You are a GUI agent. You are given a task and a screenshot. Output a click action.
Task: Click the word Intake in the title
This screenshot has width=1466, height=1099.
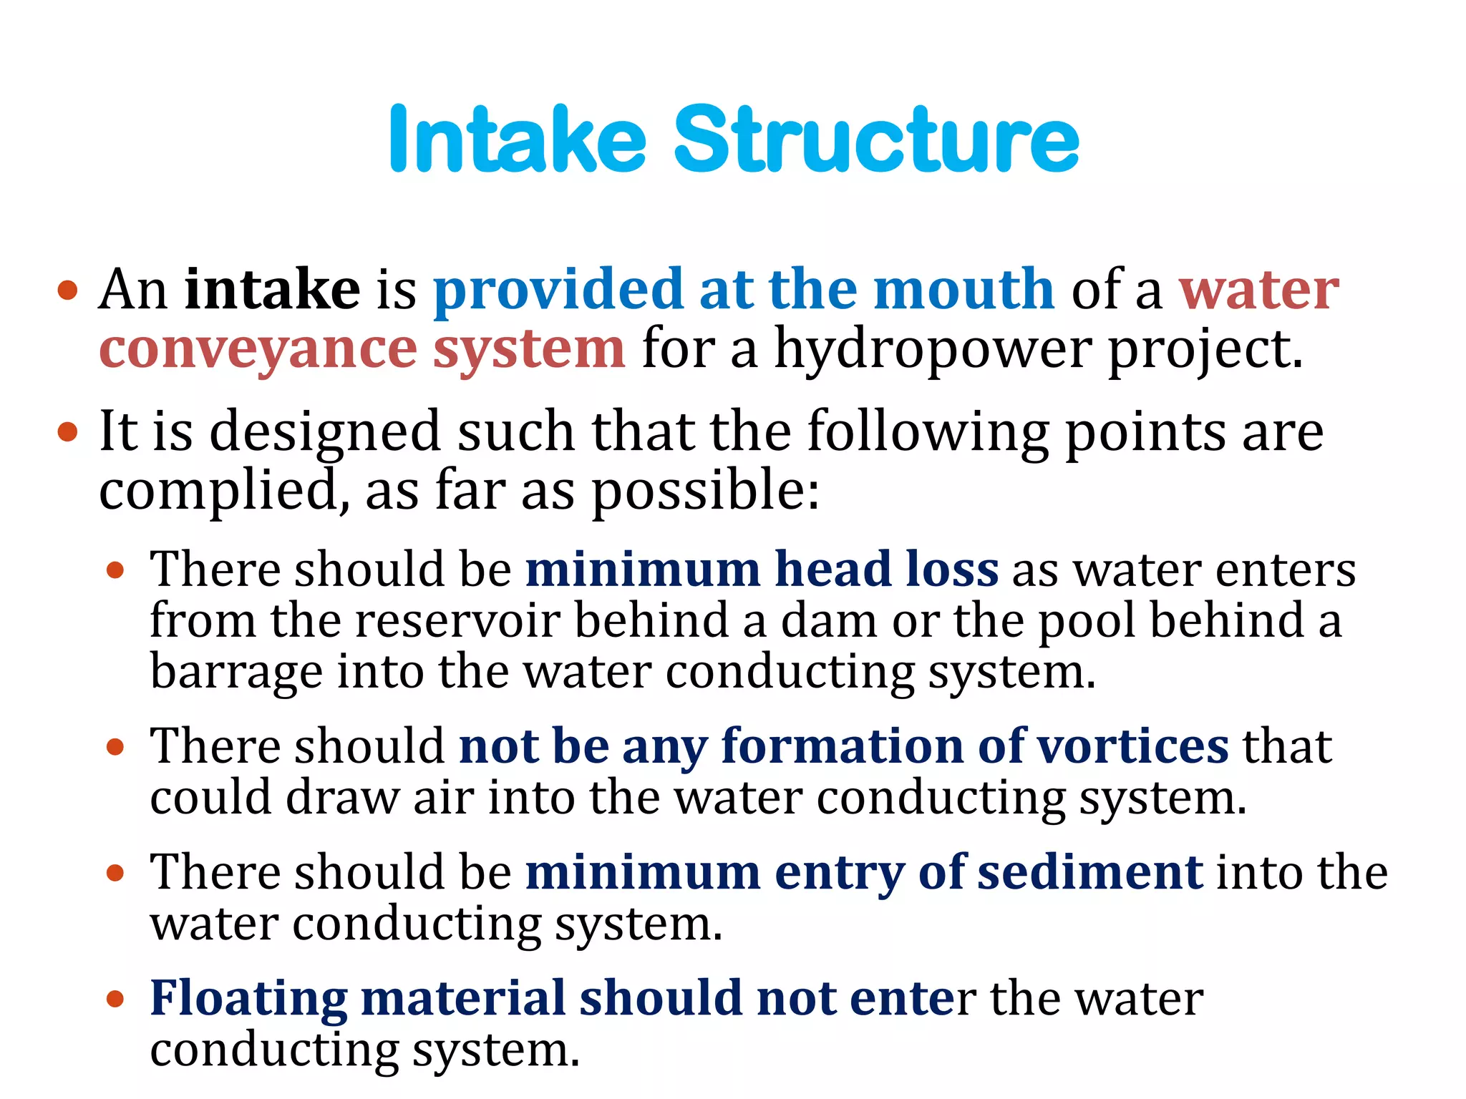point(518,139)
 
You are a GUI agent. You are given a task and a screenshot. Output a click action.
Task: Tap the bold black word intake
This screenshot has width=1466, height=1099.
point(272,289)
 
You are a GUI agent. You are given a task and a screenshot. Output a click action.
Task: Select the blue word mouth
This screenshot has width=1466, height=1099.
point(963,289)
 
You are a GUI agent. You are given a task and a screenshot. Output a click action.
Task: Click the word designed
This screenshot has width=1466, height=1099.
point(325,434)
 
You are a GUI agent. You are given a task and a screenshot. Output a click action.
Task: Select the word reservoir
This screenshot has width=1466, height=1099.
point(458,621)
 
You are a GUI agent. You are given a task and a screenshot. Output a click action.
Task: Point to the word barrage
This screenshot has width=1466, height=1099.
point(236,673)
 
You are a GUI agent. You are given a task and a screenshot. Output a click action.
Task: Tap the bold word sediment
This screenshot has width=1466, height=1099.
point(1090,873)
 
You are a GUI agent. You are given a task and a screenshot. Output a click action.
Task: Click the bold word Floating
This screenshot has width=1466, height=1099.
point(248,999)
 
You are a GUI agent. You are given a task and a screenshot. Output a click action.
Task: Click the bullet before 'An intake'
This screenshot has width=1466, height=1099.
point(67,290)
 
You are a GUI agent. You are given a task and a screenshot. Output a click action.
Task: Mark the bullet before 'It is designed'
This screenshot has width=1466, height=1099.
point(67,432)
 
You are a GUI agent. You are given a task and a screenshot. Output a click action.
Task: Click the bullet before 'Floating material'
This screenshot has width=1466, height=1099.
point(115,999)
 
